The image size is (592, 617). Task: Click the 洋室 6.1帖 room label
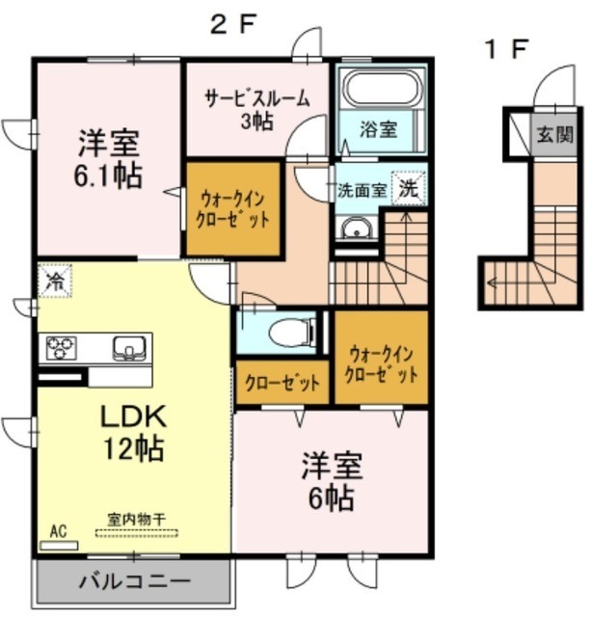109,160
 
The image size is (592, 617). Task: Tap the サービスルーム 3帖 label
256,107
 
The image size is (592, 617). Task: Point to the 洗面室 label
362,190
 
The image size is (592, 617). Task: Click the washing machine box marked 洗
411,189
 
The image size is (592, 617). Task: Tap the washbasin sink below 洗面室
354,228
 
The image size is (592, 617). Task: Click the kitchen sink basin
126,347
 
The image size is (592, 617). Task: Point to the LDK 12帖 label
135,432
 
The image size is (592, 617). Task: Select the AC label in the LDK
58,531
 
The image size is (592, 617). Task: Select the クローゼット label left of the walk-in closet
282,384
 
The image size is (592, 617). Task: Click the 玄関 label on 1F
553,134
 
